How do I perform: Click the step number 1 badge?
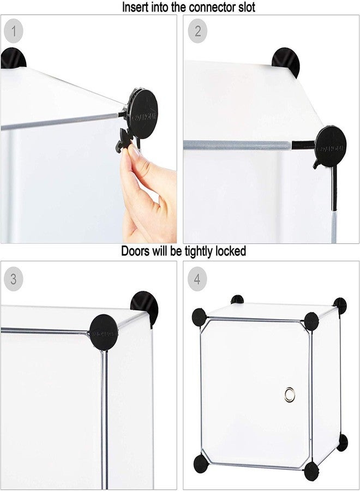pyautogui.click(x=14, y=31)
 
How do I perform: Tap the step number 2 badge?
pyautogui.click(x=197, y=31)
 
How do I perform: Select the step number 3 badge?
pyautogui.click(x=14, y=279)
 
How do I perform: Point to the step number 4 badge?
pyautogui.click(x=197, y=279)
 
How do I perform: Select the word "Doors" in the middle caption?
pyautogui.click(x=134, y=252)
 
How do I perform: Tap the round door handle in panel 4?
pyautogui.click(x=289, y=393)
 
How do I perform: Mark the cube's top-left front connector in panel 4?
pyautogui.click(x=199, y=316)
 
